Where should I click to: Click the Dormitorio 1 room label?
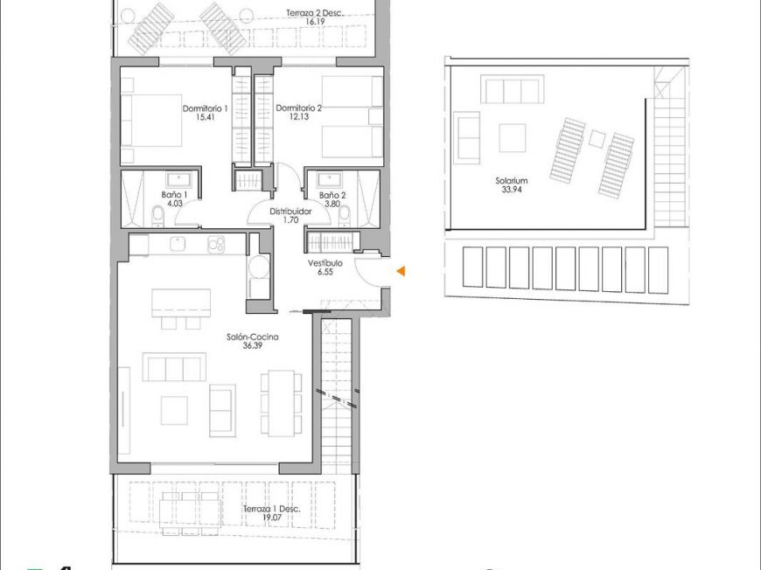tap(205, 108)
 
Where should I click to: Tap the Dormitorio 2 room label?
tap(299, 108)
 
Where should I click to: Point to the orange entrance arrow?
tap(401, 272)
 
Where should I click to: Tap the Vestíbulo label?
tap(325, 262)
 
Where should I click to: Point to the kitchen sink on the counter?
tap(177, 244)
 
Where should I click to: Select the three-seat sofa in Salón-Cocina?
tap(174, 367)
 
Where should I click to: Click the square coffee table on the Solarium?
tap(512, 137)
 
